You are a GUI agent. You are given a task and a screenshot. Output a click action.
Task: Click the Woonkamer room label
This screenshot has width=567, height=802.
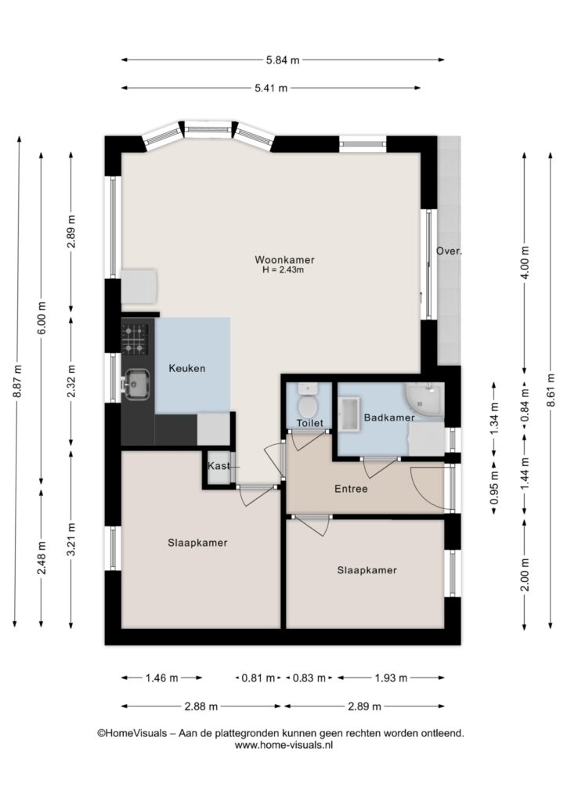[285, 260]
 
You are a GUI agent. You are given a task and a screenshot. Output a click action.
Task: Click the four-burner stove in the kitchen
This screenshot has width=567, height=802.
[135, 340]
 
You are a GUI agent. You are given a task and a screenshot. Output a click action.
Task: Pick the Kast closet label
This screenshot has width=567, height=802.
[218, 467]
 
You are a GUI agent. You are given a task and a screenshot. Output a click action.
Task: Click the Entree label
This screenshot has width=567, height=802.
[351, 489]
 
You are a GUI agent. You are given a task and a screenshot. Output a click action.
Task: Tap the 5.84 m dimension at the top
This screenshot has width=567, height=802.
[283, 60]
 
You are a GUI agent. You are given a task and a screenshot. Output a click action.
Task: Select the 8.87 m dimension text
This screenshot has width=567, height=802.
[17, 381]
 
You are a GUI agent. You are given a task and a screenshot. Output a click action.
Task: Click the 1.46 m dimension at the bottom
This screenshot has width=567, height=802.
[161, 678]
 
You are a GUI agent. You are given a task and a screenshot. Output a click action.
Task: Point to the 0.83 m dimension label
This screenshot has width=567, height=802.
[309, 678]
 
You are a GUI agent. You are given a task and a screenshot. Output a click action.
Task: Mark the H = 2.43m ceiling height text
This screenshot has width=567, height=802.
[283, 269]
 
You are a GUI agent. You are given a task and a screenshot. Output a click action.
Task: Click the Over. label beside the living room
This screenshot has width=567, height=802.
[449, 251]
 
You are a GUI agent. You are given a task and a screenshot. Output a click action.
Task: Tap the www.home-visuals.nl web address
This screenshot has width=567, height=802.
[283, 746]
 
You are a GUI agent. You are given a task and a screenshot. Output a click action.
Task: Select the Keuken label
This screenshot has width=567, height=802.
[187, 368]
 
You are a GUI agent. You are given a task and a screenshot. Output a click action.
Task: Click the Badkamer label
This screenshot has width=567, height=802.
[389, 418]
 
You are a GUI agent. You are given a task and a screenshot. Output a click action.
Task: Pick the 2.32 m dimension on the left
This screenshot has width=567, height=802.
[71, 381]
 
